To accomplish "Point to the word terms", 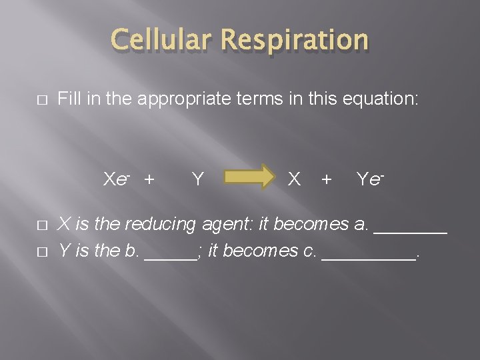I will point(275,100).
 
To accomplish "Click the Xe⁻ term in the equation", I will point(117,179).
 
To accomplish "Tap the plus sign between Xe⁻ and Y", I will point(149,179).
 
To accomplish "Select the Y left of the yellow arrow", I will point(197,179).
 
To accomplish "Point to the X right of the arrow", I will point(293,179).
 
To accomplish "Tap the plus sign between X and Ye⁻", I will point(326,179).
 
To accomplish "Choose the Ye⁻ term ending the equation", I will point(371,179).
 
